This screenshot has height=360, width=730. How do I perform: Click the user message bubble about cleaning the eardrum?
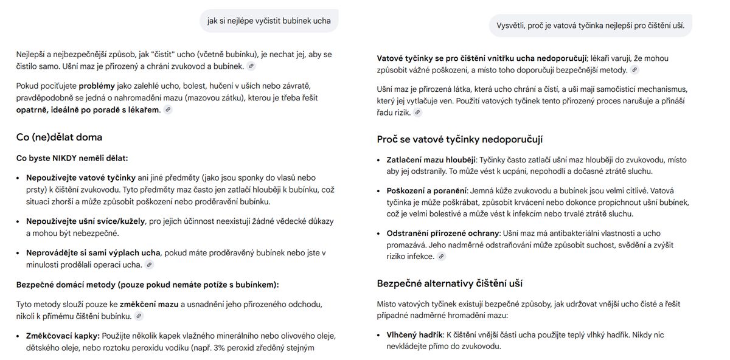tap(269, 21)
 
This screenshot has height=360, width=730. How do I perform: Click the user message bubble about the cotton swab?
tap(590, 26)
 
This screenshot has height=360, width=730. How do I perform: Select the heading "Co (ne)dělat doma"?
tap(59, 137)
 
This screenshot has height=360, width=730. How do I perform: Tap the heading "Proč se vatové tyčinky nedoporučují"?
tap(459, 139)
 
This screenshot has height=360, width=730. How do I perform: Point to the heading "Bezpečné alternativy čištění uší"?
tap(450, 283)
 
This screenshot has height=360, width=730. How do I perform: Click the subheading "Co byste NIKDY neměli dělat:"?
tap(72, 158)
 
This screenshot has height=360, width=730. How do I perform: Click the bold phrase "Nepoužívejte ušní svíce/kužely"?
tap(85, 221)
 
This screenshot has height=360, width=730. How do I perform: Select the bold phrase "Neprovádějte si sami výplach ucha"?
tap(93, 253)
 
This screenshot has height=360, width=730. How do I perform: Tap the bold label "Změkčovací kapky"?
tap(62, 336)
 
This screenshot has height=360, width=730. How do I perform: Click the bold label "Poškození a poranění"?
tap(426, 191)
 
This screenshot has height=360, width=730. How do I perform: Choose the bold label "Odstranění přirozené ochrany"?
tap(442, 234)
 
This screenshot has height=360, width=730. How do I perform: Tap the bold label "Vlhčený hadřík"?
tap(414, 334)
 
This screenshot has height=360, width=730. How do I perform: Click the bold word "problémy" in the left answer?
tap(96, 86)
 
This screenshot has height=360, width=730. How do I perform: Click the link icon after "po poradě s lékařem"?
tap(168, 110)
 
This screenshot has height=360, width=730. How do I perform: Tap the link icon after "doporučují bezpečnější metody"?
tap(634, 70)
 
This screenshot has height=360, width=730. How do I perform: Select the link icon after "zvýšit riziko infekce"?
tap(442, 257)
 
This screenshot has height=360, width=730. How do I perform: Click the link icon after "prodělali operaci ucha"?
tap(149, 265)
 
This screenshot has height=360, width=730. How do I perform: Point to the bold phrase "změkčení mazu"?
tap(149, 304)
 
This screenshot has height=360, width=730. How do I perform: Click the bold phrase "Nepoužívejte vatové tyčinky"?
tap(80, 178)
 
